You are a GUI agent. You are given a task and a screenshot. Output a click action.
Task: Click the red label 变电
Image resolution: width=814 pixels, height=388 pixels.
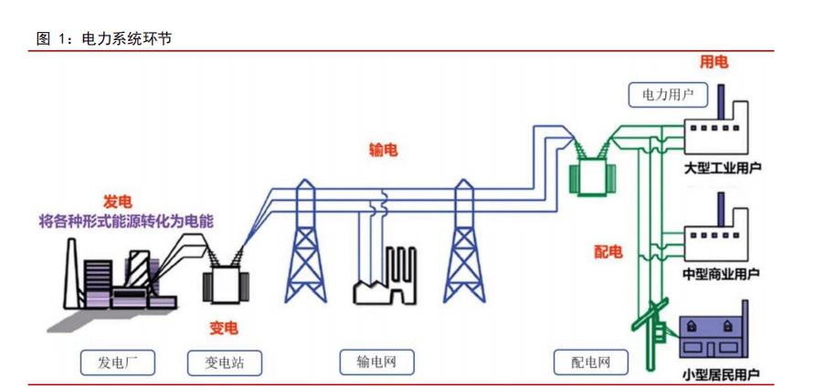coord(224,326)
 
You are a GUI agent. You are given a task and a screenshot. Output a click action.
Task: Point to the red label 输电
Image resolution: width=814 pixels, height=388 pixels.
coord(383,151)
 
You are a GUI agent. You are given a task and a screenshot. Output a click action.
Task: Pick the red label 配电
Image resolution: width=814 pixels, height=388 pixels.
coord(608,251)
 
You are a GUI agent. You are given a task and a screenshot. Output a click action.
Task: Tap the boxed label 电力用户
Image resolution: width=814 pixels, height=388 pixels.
coord(668,94)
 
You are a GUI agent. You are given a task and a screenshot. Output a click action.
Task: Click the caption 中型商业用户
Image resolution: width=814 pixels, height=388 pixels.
coord(721,273)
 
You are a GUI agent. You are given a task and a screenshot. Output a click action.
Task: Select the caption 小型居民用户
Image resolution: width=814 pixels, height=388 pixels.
coord(721,375)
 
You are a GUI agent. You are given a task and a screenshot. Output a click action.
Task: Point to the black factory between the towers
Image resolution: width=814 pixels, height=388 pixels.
coord(386,278)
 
